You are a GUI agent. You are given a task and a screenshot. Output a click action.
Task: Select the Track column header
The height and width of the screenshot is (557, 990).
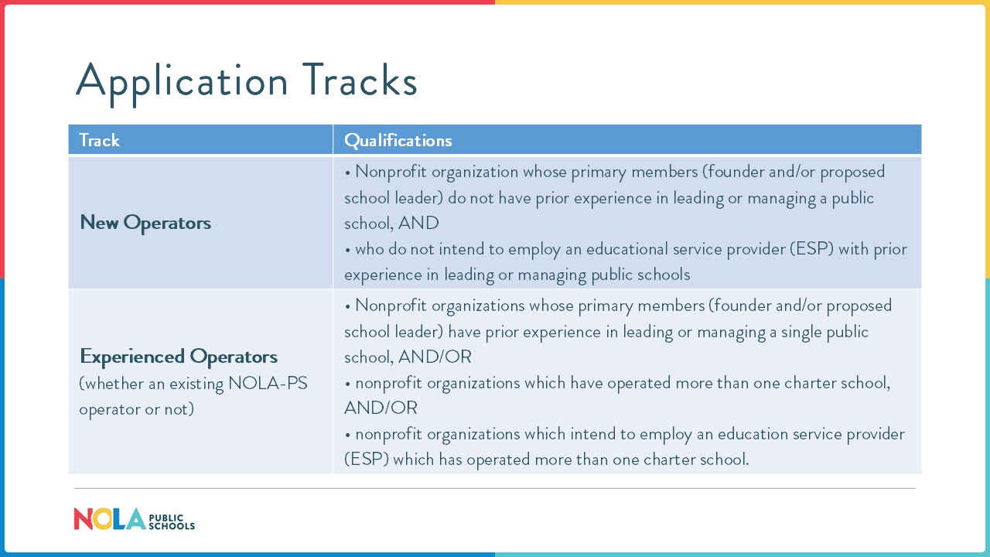(x=100, y=140)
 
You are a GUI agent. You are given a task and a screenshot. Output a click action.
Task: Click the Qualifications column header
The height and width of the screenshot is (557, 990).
(x=398, y=140)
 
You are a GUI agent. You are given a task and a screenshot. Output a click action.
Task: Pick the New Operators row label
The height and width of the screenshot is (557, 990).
(x=145, y=223)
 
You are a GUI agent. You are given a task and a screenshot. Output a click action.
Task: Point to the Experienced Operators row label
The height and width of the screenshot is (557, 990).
(x=179, y=357)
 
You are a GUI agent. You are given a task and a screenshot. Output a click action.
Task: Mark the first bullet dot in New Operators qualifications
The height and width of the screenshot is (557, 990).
(x=348, y=172)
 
